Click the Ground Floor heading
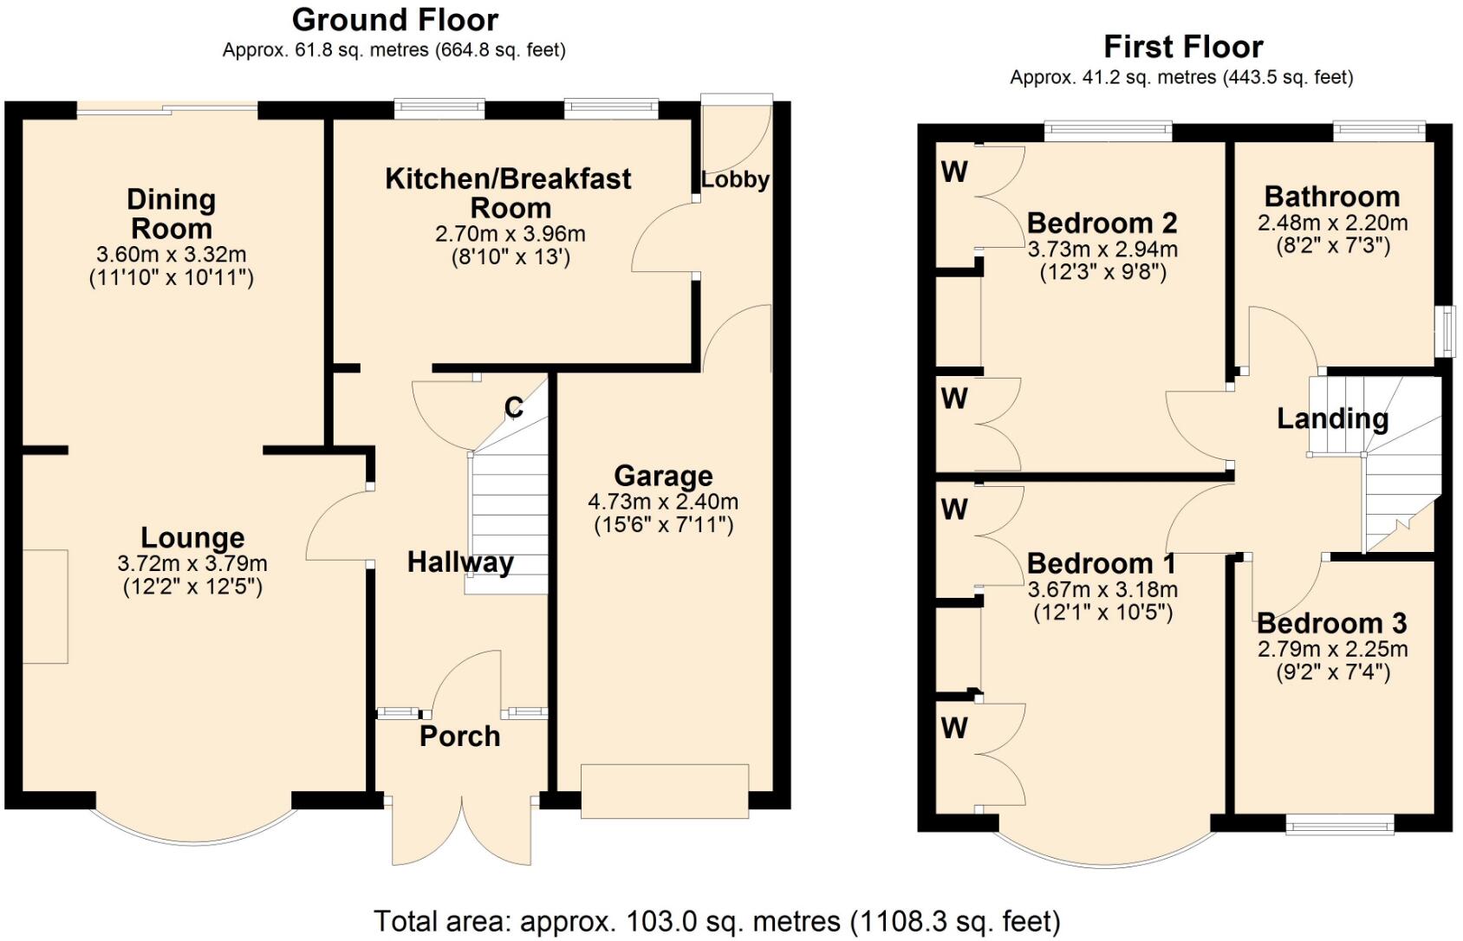[x=394, y=19]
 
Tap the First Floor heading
[x=1182, y=46]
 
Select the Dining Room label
[x=172, y=213]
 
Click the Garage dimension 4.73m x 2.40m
[x=663, y=502]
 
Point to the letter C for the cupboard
[x=514, y=407]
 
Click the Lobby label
[x=735, y=179]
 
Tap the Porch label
[x=459, y=736]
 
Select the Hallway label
[x=460, y=561]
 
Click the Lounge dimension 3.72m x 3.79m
[x=192, y=563]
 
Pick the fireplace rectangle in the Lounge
[x=44, y=606]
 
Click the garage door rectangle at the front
[x=664, y=790]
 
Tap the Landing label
[x=1332, y=419]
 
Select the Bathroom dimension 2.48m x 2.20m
[x=1332, y=223]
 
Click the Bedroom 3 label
[x=1331, y=623]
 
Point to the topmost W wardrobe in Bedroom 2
[x=954, y=172]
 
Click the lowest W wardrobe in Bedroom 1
[x=954, y=728]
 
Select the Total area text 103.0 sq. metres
[x=717, y=920]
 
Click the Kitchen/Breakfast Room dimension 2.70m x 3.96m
[x=510, y=234]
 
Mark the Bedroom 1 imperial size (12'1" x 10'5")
[x=1102, y=613]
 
